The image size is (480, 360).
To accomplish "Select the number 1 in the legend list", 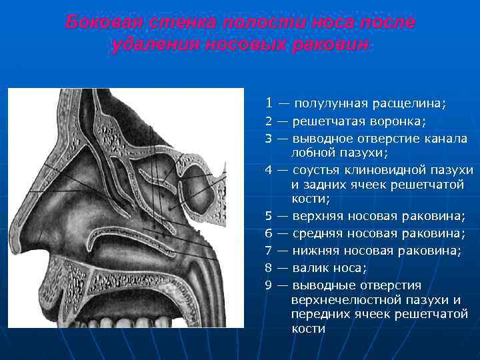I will coord(269,103).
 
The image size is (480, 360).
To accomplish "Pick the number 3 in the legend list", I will coord(268,139).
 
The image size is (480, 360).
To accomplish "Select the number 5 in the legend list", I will coord(268,216).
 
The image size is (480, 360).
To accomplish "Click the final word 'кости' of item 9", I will coord(308,329).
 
